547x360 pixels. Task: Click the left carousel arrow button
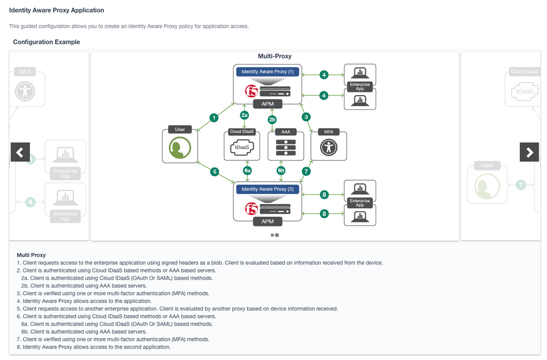20,152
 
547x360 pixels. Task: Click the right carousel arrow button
529,152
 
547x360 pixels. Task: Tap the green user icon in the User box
180,147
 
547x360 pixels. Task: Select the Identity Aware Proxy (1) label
267,72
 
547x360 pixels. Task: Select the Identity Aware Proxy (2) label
267,189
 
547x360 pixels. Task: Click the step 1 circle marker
214,118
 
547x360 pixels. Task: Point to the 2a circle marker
245,115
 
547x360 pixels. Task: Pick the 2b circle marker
272,119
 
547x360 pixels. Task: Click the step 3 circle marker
306,117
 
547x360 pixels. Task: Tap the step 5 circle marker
215,172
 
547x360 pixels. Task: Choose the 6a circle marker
247,171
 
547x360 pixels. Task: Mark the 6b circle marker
281,171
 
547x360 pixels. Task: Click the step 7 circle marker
306,171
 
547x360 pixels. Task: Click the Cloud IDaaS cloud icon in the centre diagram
243,148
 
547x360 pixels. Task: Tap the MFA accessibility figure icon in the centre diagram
329,148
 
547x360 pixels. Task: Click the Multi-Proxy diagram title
274,56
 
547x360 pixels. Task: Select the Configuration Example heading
47,42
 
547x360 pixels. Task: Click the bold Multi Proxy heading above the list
31,255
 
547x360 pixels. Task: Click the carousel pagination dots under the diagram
274,235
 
